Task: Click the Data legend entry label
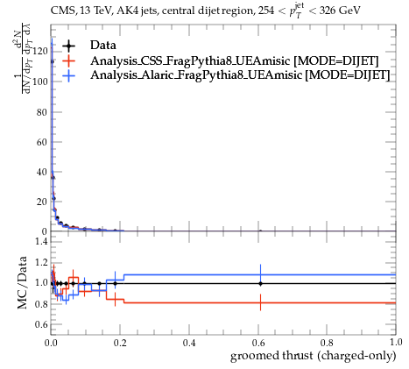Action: [x=103, y=46]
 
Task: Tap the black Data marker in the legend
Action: [x=69, y=46]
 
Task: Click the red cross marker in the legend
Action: [x=69, y=60]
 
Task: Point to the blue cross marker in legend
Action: [x=69, y=75]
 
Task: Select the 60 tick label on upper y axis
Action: [x=42, y=142]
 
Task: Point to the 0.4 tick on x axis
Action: [x=189, y=343]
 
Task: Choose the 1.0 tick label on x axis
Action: [x=395, y=343]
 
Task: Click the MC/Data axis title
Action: [x=22, y=282]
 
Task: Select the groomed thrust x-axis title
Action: [x=314, y=356]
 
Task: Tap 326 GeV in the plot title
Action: [x=340, y=11]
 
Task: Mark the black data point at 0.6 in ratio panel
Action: [x=260, y=283]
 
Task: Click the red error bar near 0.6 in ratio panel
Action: [x=260, y=302]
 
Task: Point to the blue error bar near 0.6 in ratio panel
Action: [x=260, y=274]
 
